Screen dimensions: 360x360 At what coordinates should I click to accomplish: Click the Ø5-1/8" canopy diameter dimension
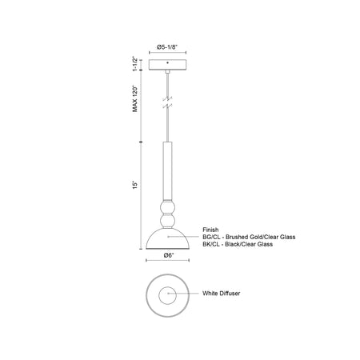point(167,47)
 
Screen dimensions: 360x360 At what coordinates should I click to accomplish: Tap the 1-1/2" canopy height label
point(135,64)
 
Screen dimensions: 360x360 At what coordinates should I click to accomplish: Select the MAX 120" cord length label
point(135,98)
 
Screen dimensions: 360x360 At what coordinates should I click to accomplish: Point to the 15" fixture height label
point(135,186)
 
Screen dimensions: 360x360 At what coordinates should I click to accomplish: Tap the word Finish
point(210,230)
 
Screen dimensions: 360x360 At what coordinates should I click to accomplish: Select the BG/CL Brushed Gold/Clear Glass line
point(249,237)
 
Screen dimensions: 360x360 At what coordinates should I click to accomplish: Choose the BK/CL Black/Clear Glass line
point(238,244)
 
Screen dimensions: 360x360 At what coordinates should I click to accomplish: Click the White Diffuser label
point(221,294)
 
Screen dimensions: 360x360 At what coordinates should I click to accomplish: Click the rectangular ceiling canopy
point(167,65)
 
